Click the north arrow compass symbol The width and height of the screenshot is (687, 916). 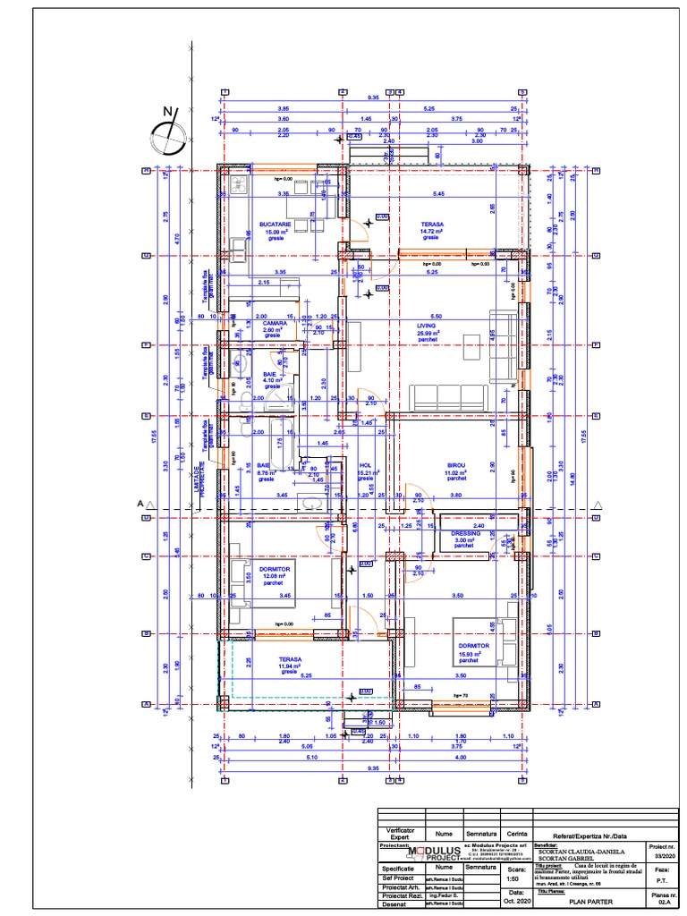point(168,135)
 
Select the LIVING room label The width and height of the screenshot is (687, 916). point(425,326)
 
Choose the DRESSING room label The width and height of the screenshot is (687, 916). point(466,533)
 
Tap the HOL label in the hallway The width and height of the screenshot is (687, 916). point(365,465)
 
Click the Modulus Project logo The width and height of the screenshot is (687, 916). point(436,853)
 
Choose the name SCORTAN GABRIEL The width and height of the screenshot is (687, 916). point(578,859)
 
